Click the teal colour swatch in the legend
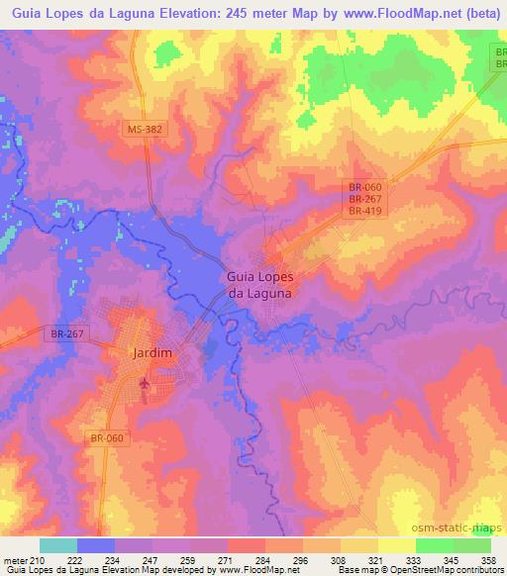[57, 544]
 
